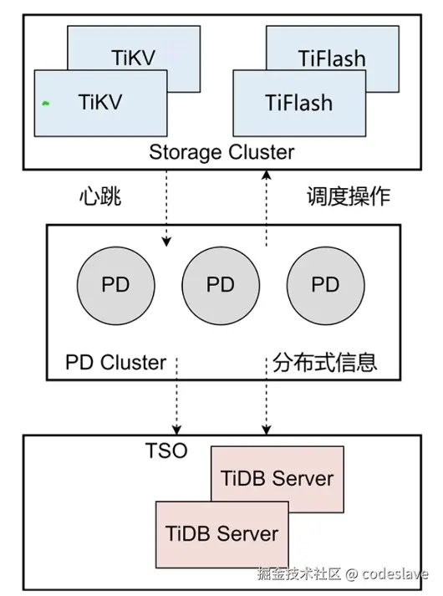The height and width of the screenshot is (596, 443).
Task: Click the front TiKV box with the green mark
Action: click(100, 103)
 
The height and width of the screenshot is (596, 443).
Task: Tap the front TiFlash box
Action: click(299, 103)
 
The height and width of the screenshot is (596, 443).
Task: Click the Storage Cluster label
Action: click(221, 152)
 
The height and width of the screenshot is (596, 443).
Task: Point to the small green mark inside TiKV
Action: click(47, 103)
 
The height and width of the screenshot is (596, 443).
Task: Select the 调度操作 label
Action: click(348, 197)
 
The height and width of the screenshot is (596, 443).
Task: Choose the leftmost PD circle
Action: click(115, 284)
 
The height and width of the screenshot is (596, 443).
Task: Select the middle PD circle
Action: click(221, 284)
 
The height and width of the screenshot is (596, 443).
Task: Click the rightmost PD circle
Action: click(325, 284)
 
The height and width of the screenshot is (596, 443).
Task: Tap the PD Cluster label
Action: click(115, 363)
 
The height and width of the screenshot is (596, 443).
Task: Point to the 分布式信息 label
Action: click(325, 363)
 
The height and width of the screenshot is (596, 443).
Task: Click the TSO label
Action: click(166, 452)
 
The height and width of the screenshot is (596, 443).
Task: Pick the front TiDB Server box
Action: click(221, 533)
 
